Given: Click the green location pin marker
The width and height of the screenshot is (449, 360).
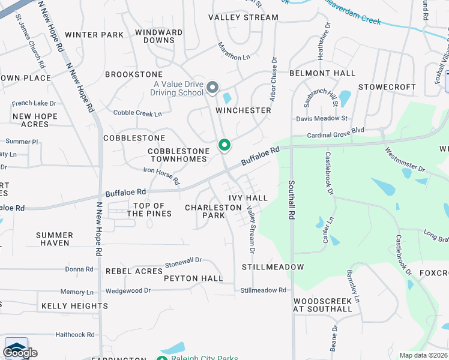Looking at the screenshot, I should tap(224, 145).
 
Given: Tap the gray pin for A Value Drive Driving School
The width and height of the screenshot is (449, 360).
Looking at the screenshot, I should tap(212, 88).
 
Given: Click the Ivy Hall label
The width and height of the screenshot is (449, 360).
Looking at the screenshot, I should tap(248, 198).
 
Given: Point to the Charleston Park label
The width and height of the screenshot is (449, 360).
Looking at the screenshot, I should tap(213, 211).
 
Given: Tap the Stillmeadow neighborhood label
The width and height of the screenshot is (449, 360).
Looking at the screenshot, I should tap(273, 266).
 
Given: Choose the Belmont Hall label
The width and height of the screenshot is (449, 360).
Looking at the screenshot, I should tap(322, 73).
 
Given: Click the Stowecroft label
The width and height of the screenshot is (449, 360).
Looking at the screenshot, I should tap(387, 87).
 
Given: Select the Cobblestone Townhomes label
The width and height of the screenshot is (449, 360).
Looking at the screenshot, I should tap(179, 155).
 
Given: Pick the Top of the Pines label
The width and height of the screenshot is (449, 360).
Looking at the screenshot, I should tap(149, 210).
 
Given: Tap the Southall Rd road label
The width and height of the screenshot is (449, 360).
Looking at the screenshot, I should tap(291, 199).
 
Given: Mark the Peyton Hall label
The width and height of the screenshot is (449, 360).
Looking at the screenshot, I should tap(193, 278).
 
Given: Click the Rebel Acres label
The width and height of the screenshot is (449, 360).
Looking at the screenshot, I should tap(134, 271).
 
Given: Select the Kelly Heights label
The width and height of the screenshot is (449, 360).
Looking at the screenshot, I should tap(74, 306).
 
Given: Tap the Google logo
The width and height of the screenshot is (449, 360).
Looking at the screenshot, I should tap(20, 353).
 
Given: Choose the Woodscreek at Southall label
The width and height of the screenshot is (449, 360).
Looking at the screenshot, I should tap(322, 305).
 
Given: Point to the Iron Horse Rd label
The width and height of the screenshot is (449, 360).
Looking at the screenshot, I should tap(161, 175).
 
